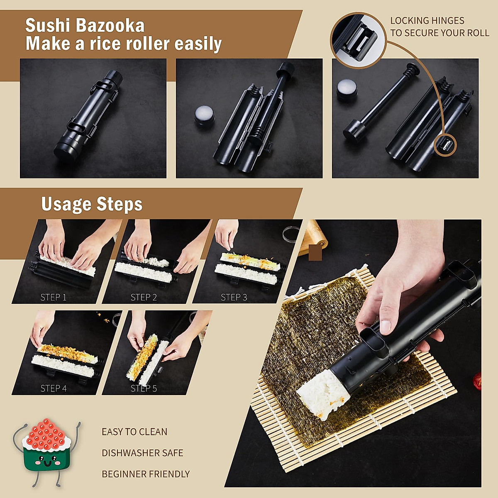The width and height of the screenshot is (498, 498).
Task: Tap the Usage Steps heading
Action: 92,204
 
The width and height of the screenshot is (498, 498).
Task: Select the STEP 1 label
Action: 53,297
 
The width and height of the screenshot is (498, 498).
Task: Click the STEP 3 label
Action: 234,297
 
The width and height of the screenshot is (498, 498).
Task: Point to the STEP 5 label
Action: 144,388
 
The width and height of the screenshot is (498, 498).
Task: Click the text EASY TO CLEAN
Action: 134,432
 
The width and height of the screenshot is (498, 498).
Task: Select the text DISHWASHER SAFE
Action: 142,453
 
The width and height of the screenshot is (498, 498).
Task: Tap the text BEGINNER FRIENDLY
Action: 146,474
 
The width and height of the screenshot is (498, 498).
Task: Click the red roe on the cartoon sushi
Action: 46,434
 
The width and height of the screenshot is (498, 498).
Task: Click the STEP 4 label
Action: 53,388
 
